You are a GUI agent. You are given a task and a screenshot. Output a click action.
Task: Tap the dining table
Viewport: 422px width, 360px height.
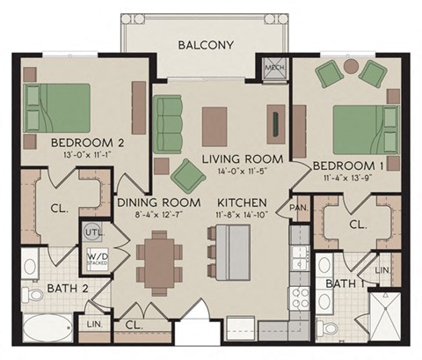point(161,262)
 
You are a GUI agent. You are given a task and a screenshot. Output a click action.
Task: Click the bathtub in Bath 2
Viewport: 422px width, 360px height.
point(47,333)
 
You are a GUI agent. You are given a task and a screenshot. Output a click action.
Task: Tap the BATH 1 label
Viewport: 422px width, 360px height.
point(346,283)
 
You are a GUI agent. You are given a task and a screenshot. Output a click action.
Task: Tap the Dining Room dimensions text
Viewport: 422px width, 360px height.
point(149,213)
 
